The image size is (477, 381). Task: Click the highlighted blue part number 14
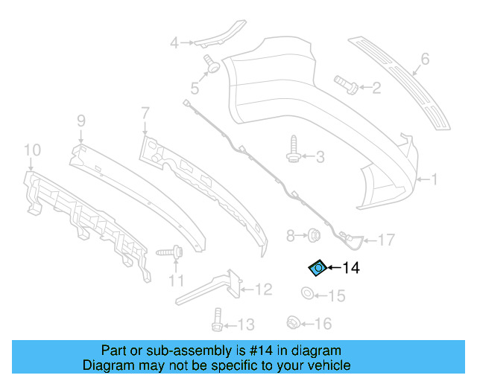pyautogui.click(x=317, y=267)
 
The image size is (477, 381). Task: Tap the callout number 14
pyautogui.click(x=351, y=268)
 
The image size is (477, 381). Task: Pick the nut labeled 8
pyautogui.click(x=314, y=237)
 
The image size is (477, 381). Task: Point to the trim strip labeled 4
pyautogui.click(x=224, y=33)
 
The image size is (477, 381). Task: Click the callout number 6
pyautogui.click(x=426, y=58)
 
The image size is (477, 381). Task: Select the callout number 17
pyautogui.click(x=386, y=240)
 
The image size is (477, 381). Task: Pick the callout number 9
pyautogui.click(x=81, y=119)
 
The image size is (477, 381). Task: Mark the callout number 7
pyautogui.click(x=145, y=113)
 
